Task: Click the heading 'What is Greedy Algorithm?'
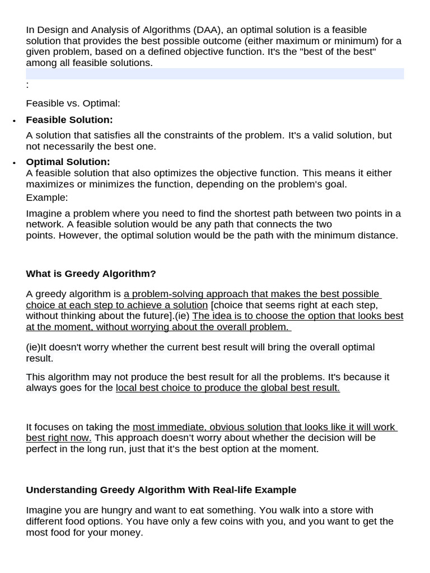[91, 274]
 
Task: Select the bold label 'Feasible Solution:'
[69, 120]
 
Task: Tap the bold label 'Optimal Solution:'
[68, 162]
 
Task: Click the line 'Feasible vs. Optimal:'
[73, 104]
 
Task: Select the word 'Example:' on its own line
[46, 198]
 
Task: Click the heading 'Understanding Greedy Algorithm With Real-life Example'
[161, 490]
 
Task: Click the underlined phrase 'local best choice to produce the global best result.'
[228, 388]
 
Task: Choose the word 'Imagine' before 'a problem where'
[44, 213]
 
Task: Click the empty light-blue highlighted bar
[214, 74]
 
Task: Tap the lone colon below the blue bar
[27, 85]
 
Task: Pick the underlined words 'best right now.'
[58, 438]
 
